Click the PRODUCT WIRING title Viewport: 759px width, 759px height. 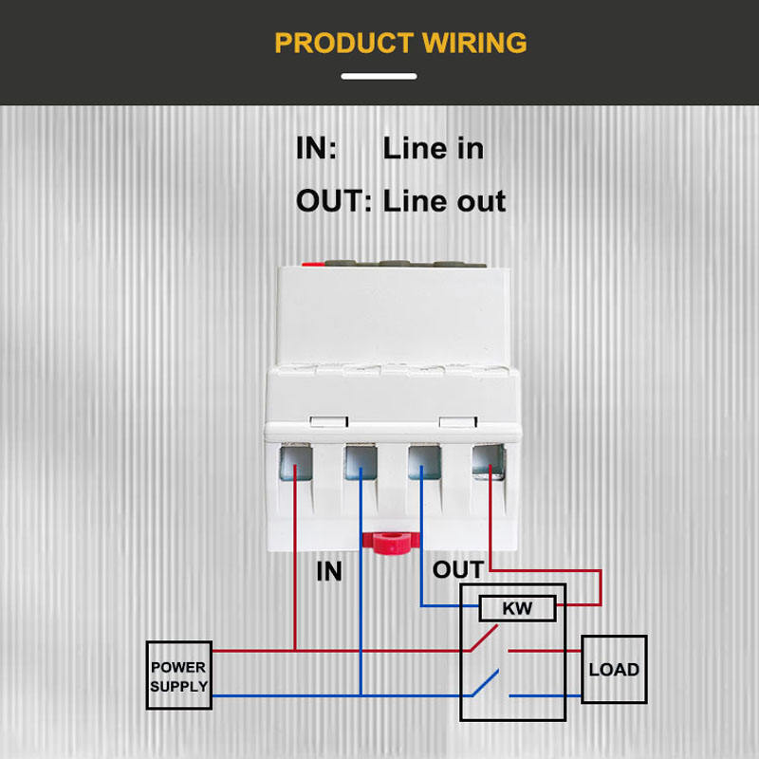coord(400,43)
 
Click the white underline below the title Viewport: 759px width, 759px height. coord(379,76)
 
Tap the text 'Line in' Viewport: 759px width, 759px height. coord(433,148)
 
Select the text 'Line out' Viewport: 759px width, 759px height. coord(444,201)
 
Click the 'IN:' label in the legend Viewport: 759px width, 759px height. coord(316,148)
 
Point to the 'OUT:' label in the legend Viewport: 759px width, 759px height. coord(334,201)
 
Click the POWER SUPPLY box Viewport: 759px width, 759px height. coord(178,676)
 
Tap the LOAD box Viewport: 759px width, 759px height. coord(614,670)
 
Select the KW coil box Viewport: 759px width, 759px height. coord(517,608)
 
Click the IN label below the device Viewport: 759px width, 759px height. coord(328,572)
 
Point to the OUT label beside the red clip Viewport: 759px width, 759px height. coord(457,570)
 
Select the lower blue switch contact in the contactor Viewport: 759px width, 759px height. coord(488,684)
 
